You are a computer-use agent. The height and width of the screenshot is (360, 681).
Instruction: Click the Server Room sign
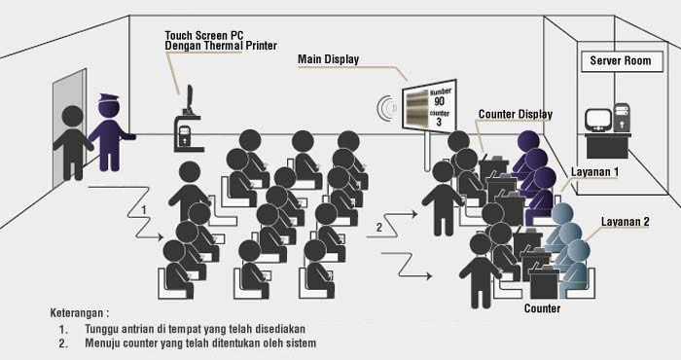[622, 61]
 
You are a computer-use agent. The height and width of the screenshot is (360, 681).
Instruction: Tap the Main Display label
[329, 59]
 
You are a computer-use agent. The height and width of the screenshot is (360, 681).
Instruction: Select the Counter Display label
[516, 114]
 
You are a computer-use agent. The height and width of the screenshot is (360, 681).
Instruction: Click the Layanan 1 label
[594, 172]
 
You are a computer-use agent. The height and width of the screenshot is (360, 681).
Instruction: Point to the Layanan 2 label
[625, 222]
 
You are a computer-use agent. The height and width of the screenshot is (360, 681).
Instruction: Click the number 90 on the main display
[439, 101]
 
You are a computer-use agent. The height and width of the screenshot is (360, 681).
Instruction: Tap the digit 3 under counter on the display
[439, 122]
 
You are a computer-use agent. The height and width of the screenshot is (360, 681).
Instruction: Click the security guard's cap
[109, 98]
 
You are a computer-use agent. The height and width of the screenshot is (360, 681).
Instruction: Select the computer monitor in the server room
[598, 119]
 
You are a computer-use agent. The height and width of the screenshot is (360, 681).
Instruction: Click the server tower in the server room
[622, 117]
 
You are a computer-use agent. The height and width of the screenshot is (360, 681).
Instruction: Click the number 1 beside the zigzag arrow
[144, 210]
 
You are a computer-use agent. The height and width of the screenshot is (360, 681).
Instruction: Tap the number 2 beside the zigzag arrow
[379, 228]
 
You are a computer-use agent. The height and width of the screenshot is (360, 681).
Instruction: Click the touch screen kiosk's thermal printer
[184, 135]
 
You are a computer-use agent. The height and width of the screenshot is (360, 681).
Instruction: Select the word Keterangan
[77, 312]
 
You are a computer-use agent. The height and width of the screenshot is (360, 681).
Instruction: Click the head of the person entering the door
[73, 117]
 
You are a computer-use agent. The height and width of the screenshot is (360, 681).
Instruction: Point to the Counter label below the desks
[543, 308]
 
